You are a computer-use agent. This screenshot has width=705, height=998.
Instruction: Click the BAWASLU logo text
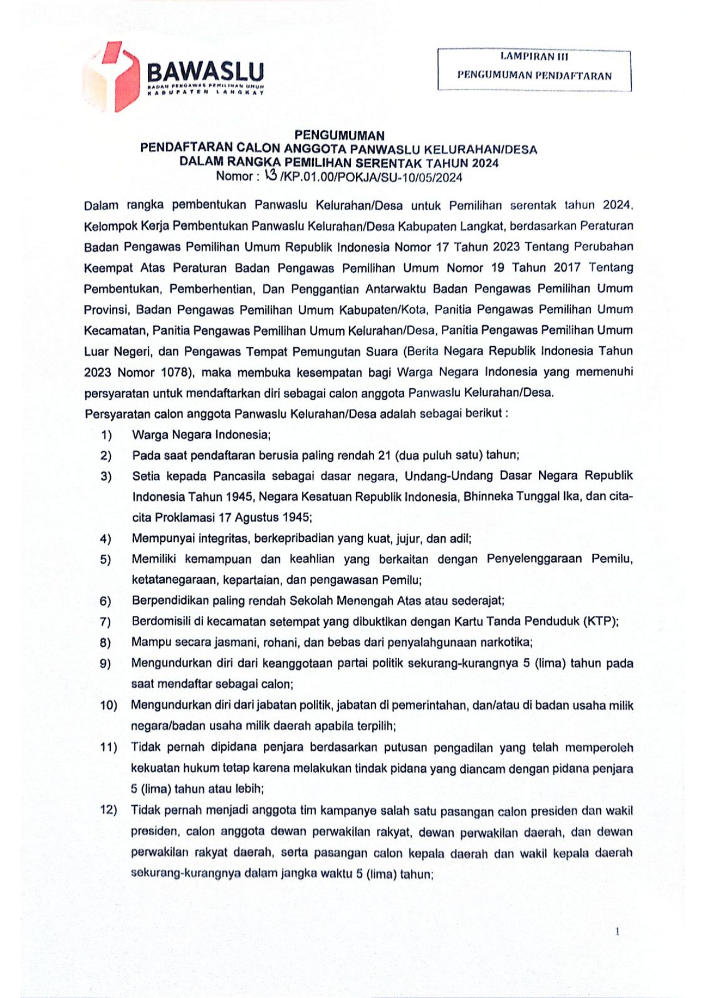pos(205,72)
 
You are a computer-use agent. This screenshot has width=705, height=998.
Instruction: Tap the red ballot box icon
pos(114,76)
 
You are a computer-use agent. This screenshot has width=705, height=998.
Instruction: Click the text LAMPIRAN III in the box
pos(534,56)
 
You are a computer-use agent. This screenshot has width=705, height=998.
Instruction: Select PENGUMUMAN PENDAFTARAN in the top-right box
pos(534,76)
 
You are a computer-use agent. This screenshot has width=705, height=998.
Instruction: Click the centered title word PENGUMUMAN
pos(339,135)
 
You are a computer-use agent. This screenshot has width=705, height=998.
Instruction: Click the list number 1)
pos(106,435)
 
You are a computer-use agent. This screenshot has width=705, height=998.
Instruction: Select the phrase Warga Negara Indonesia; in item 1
pos(201,435)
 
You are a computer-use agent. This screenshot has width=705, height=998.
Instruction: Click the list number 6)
pos(105,601)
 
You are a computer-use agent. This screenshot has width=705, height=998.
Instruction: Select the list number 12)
pos(108,810)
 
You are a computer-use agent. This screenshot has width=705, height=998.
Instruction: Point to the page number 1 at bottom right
pos(617,931)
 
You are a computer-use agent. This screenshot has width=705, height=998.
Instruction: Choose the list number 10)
pos(108,706)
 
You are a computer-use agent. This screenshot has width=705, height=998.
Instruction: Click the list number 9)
pos(105,664)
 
